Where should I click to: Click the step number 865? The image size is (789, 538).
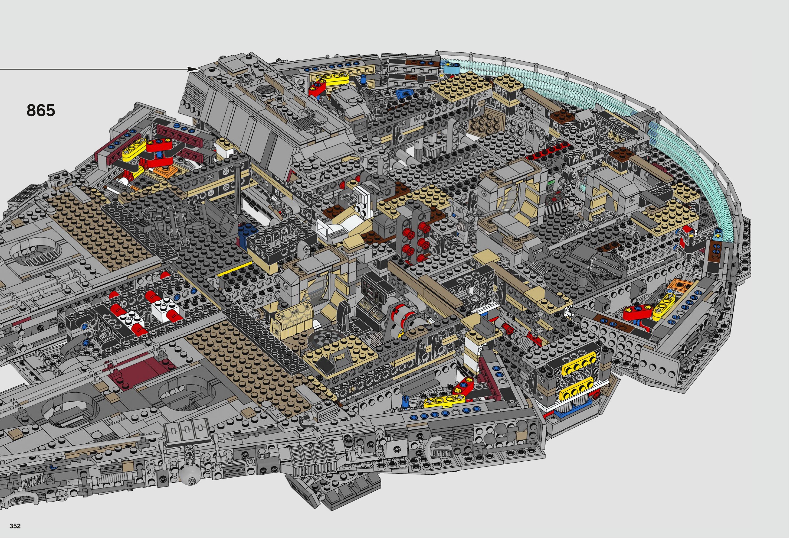[41, 111]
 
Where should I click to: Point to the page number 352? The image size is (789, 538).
[15, 526]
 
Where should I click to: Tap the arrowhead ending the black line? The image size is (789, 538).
[193, 69]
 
